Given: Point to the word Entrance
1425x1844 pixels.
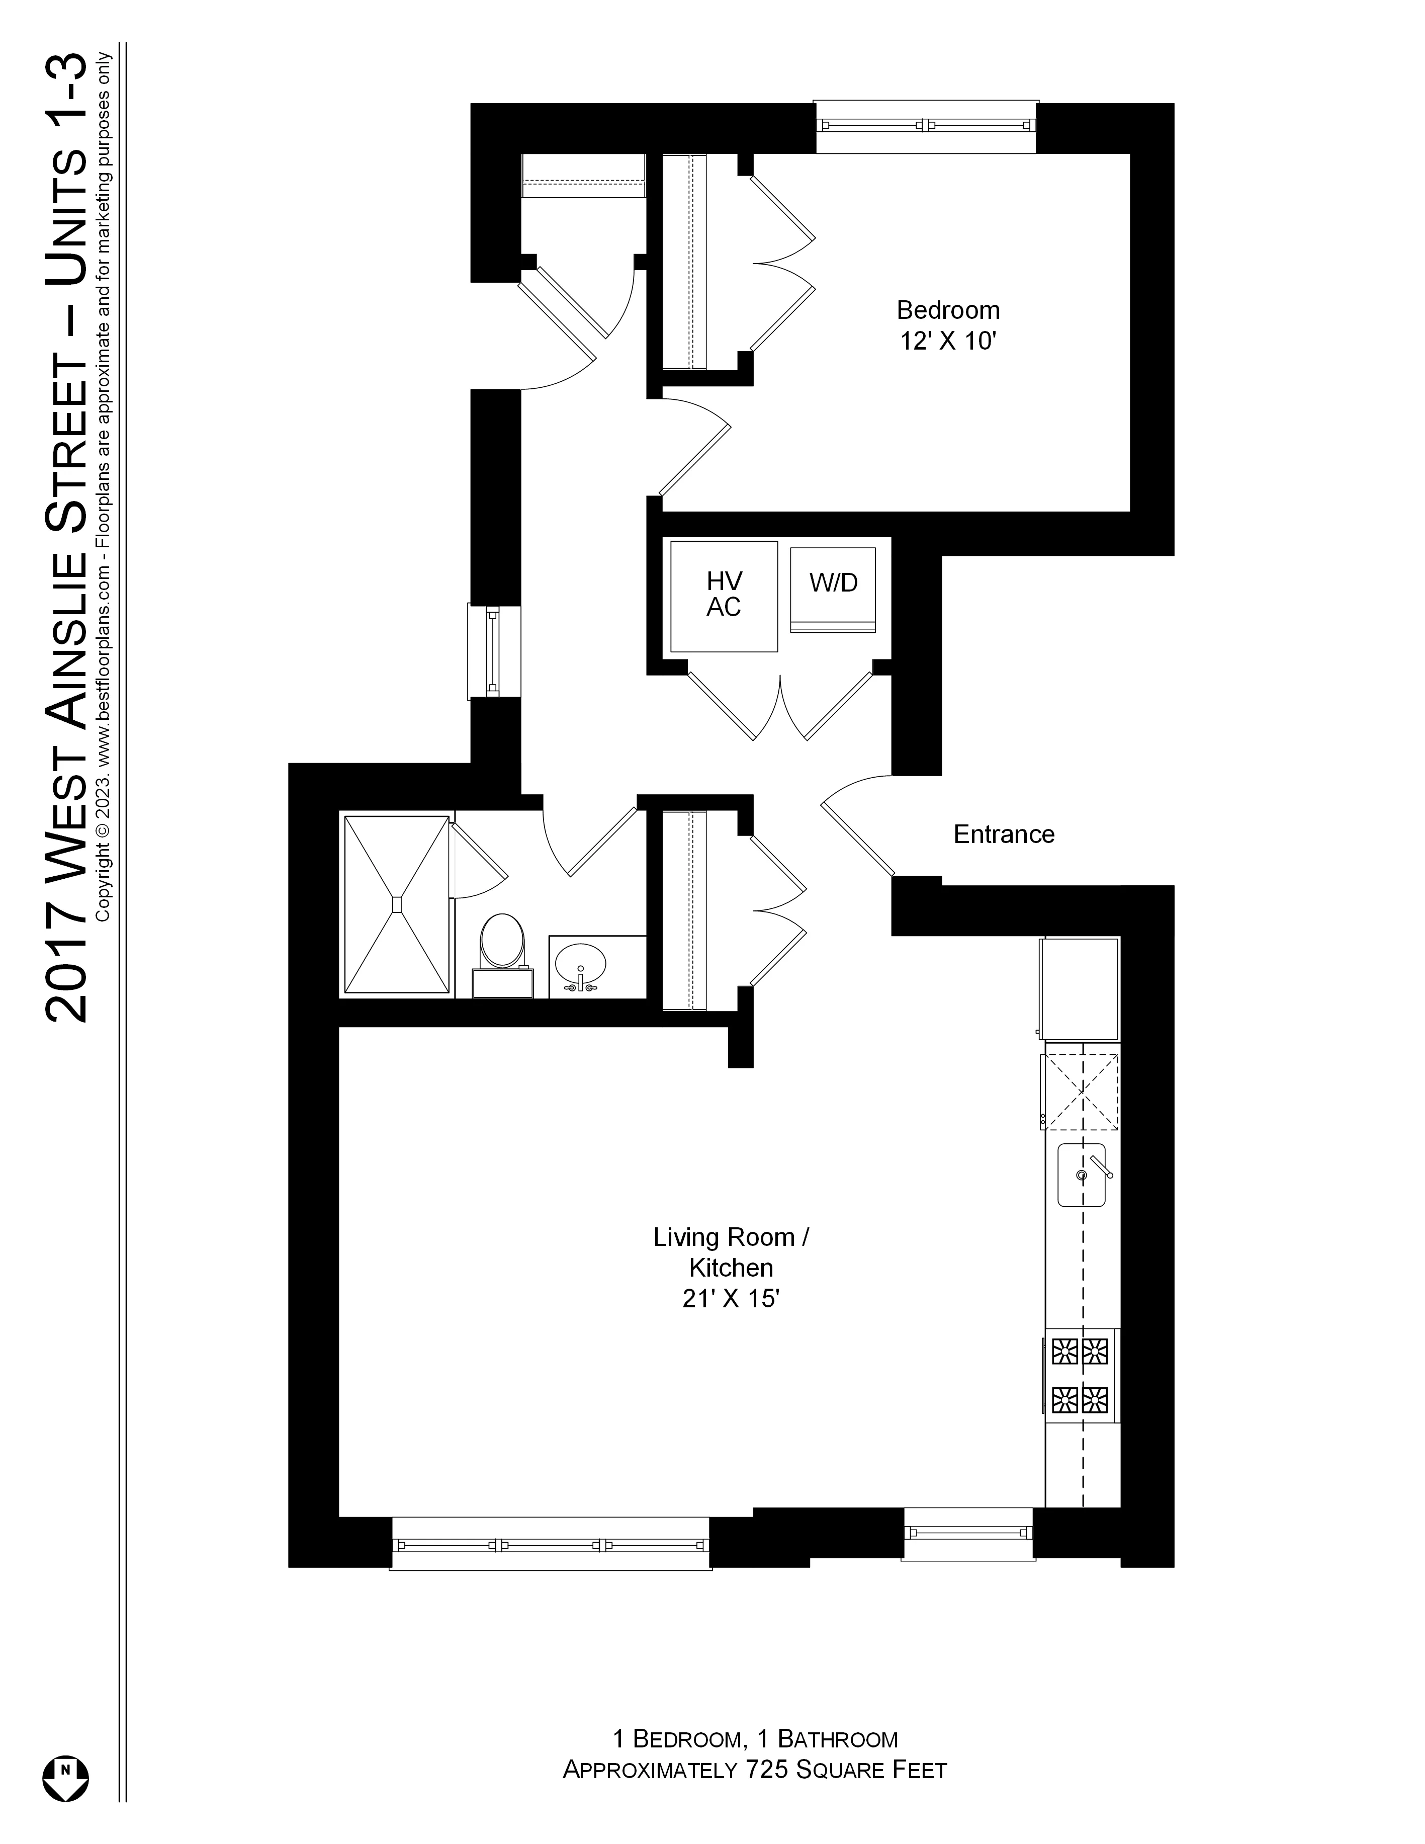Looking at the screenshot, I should point(1004,834).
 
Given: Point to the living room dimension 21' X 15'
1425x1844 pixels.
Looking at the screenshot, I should point(730,1299).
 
